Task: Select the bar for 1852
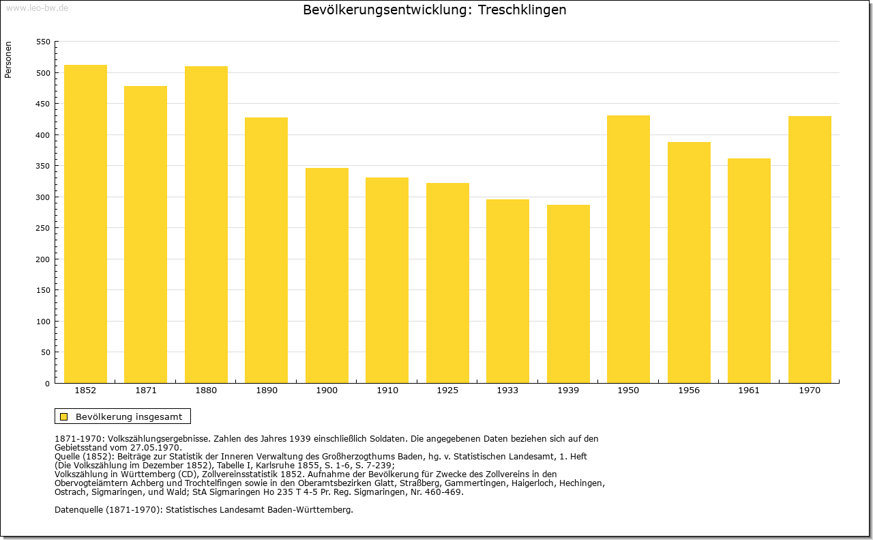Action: [x=85, y=224]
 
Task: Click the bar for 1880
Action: [x=206, y=225]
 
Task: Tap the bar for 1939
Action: [x=568, y=294]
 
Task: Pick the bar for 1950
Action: [x=628, y=249]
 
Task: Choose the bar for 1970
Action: [x=810, y=250]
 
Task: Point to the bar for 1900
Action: [x=327, y=276]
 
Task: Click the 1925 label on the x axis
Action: [x=447, y=390]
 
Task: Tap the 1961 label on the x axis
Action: [x=749, y=390]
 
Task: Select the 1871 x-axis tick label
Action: [x=146, y=390]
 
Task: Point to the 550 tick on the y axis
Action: [x=43, y=42]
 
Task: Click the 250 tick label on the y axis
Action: [x=43, y=228]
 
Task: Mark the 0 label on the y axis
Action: [x=47, y=384]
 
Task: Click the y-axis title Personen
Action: [x=8, y=59]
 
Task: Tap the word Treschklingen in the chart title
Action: [x=522, y=10]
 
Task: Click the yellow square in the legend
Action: [x=64, y=416]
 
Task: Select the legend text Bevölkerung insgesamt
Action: [x=129, y=416]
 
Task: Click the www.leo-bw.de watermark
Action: [x=37, y=8]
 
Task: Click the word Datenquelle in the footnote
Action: [x=79, y=509]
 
